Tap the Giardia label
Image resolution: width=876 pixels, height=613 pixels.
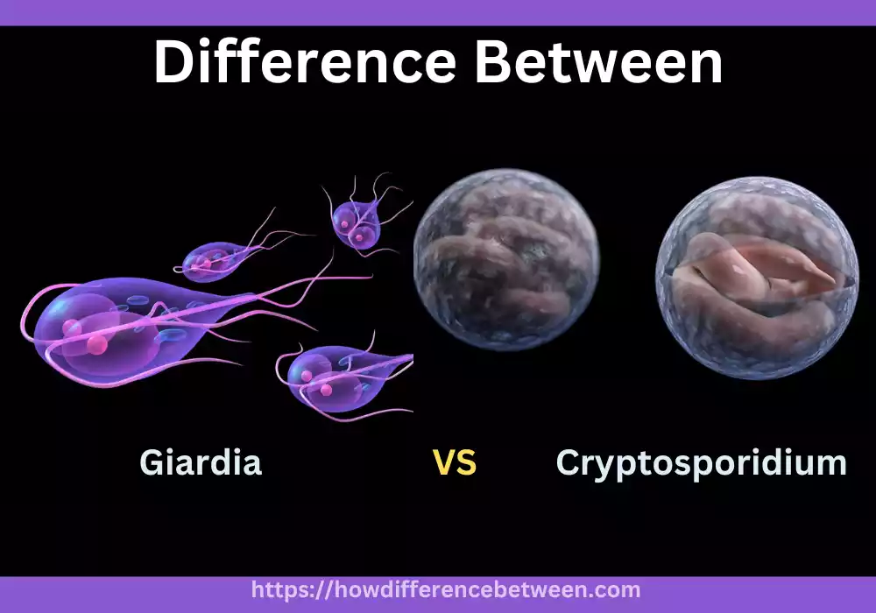pyautogui.click(x=200, y=462)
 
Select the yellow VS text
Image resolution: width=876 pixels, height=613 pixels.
pyautogui.click(x=455, y=462)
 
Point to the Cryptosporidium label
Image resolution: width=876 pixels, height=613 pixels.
pyautogui.click(x=701, y=462)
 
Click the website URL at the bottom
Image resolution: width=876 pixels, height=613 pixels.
pyautogui.click(x=446, y=590)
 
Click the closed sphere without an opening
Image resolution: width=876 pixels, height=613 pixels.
pyautogui.click(x=506, y=260)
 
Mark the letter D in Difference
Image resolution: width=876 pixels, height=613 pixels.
pyautogui.click(x=174, y=62)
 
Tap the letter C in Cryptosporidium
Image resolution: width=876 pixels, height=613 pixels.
pyautogui.click(x=570, y=462)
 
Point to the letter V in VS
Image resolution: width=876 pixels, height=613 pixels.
pyautogui.click(x=444, y=462)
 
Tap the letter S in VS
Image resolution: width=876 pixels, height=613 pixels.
pyautogui.click(x=467, y=462)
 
